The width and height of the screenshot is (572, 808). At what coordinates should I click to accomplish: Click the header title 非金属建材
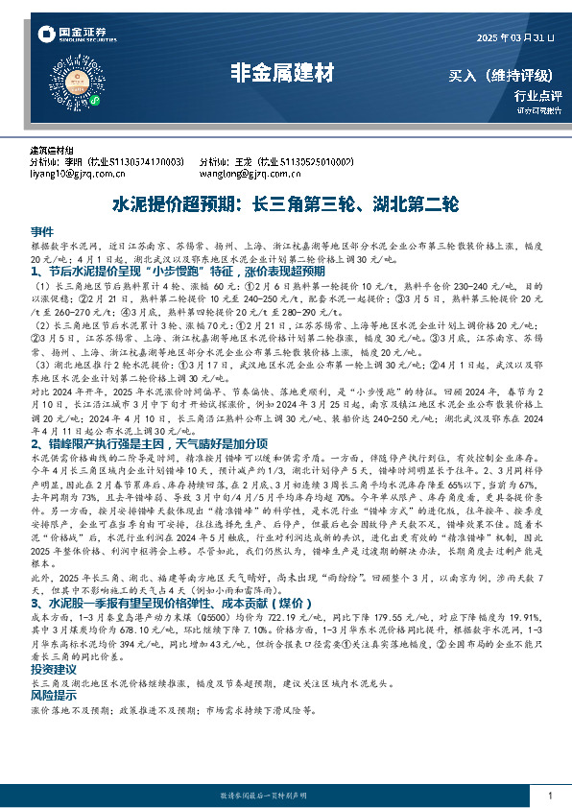pos(285,71)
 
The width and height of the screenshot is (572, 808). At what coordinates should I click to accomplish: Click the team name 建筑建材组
pos(52,152)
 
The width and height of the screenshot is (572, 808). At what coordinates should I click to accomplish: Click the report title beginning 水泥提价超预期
pos(286,205)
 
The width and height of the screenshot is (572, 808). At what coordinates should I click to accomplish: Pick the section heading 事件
pos(42,233)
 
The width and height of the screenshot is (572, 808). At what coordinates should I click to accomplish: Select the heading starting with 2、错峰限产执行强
pos(157,444)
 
